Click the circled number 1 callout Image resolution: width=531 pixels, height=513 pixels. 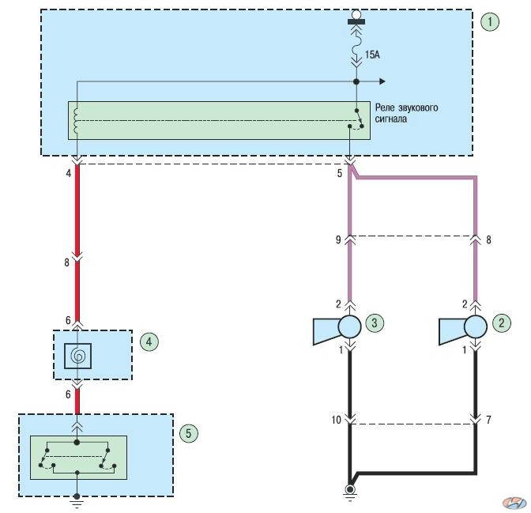(490, 22)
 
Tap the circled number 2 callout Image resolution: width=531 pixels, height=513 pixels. (501, 323)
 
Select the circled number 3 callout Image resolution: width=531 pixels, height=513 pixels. (375, 323)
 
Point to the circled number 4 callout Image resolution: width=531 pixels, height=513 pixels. (149, 341)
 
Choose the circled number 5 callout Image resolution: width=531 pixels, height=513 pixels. (189, 433)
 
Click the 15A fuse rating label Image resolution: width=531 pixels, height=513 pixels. (372, 55)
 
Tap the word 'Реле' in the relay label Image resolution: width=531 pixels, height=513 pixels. (385, 108)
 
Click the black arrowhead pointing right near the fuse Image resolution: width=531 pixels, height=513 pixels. (382, 81)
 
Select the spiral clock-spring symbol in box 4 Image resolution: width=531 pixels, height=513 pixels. (77, 356)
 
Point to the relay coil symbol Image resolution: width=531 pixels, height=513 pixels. (76, 121)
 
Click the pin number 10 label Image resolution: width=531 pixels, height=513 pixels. (337, 421)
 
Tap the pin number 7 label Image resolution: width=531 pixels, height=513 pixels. (488, 420)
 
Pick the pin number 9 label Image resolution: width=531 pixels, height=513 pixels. (338, 240)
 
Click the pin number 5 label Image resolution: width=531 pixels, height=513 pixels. (339, 173)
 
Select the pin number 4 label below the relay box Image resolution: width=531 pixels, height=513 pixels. (69, 173)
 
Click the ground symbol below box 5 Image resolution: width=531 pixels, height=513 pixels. (77, 502)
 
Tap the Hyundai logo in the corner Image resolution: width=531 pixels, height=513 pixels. (514, 503)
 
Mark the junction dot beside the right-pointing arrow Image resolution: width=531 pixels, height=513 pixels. (356, 81)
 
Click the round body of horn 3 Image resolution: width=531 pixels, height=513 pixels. (349, 326)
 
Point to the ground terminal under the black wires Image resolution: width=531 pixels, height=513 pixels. (349, 490)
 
